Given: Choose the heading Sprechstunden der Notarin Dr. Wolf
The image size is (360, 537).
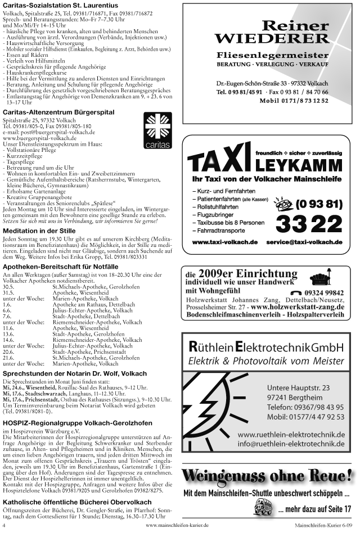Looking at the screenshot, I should pos(75,373).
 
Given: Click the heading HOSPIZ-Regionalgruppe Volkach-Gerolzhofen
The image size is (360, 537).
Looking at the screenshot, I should pos(77,423).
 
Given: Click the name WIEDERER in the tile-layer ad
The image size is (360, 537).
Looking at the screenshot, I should pos(272,38).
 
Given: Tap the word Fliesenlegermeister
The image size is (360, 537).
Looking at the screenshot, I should pos(272,56).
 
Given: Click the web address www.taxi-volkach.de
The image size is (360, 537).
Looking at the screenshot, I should pos(225,242).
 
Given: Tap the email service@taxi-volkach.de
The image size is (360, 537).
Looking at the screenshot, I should pos(304,242).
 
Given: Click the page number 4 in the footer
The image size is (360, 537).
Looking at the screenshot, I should pos(4,525).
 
